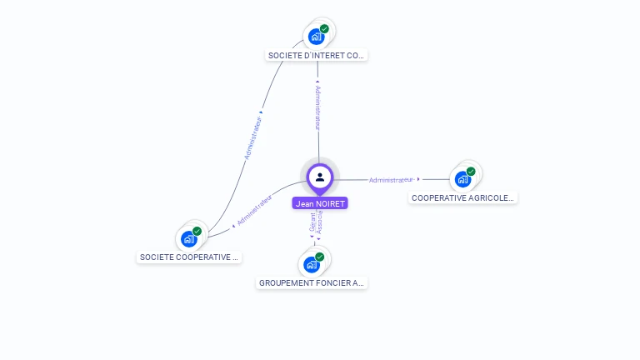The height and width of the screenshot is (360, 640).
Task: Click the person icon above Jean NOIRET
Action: pyautogui.click(x=320, y=177)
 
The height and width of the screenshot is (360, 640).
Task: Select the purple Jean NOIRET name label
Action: pyautogui.click(x=320, y=203)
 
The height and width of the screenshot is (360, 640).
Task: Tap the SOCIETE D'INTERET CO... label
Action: pyautogui.click(x=317, y=56)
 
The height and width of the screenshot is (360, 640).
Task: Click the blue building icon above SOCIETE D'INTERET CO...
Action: pyautogui.click(x=316, y=37)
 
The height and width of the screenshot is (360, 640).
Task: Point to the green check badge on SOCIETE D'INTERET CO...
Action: pyautogui.click(x=324, y=29)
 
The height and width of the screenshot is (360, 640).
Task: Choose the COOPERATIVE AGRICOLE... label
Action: pyautogui.click(x=463, y=198)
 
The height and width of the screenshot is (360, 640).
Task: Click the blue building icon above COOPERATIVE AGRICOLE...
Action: pyautogui.click(x=462, y=179)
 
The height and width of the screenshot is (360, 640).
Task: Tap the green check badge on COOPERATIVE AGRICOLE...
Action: pyautogui.click(x=471, y=172)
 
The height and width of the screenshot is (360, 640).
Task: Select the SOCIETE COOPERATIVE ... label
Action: pyautogui.click(x=189, y=257)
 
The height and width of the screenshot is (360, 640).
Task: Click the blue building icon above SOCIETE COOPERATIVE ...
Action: pyautogui.click(x=188, y=239)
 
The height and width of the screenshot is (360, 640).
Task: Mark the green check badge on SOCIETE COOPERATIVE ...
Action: pyautogui.click(x=197, y=232)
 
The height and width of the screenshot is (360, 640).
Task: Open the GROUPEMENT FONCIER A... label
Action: pyautogui.click(x=312, y=283)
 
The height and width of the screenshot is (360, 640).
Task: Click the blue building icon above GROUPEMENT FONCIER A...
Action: pyautogui.click(x=311, y=265)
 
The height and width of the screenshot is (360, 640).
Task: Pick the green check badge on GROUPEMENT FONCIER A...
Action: pyautogui.click(x=319, y=257)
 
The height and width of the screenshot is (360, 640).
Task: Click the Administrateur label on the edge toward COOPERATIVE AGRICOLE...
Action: pyautogui.click(x=391, y=179)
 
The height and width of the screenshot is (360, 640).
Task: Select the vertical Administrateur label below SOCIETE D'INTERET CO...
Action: pyautogui.click(x=317, y=107)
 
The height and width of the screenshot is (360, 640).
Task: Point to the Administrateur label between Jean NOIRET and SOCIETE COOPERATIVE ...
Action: pyautogui.click(x=254, y=210)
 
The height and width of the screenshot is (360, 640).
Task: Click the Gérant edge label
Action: pyautogui.click(x=312, y=222)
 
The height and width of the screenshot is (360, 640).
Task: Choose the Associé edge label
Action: pyautogui.click(x=320, y=222)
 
